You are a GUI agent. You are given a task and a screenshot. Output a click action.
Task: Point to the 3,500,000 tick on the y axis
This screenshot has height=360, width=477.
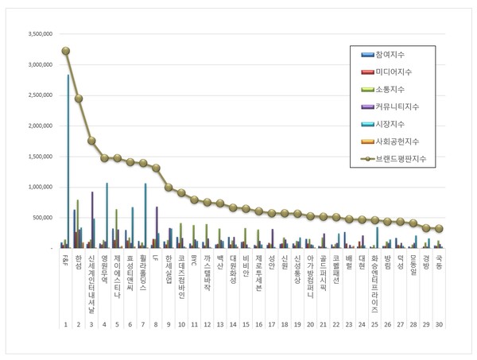click(40, 34)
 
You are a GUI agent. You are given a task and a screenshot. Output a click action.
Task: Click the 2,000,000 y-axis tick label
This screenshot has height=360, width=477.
click(40, 126)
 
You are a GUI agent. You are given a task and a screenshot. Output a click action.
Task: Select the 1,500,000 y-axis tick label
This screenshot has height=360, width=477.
click(40, 157)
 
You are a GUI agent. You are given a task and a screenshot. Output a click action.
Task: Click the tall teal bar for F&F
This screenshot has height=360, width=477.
click(68, 159)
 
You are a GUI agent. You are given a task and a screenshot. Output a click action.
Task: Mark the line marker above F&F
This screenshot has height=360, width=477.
click(65, 51)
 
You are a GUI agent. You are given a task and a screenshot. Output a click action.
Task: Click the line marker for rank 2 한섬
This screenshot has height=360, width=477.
click(79, 99)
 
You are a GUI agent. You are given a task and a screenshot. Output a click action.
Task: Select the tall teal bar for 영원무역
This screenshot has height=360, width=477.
click(107, 215)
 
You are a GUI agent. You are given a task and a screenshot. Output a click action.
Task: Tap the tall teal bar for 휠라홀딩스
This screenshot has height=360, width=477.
click(146, 215)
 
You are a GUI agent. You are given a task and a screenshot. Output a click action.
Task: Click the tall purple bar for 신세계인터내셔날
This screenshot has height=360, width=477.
click(92, 219)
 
